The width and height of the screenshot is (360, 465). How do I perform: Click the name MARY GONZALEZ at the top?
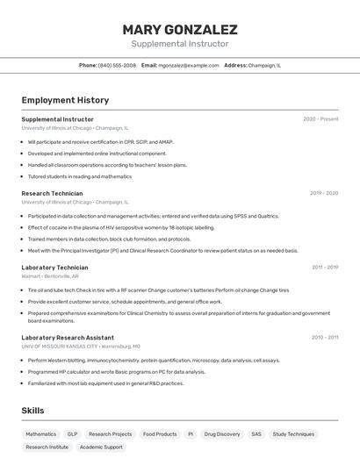(x=180, y=30)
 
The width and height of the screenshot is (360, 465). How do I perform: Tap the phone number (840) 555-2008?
(x=117, y=65)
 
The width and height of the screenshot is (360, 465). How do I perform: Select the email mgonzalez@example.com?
(x=189, y=65)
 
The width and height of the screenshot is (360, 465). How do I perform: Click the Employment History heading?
(x=65, y=100)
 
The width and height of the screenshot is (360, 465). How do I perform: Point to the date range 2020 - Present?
(x=320, y=119)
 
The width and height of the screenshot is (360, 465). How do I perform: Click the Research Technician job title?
(x=52, y=193)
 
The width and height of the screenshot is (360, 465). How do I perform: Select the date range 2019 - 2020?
(x=324, y=193)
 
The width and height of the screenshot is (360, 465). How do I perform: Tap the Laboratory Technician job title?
(x=54, y=268)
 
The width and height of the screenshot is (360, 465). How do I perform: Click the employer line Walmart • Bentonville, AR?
(x=50, y=276)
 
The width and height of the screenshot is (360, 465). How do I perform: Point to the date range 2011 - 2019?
(x=325, y=268)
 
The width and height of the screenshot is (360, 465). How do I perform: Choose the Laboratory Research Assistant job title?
(x=68, y=338)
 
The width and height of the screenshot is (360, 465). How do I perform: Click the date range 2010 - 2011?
(x=325, y=338)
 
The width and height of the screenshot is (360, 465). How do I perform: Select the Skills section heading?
(x=32, y=411)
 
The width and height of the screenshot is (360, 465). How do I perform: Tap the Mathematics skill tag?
(x=40, y=434)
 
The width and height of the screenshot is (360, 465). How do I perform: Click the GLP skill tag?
(x=72, y=434)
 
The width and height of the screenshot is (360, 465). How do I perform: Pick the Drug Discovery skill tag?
(x=221, y=434)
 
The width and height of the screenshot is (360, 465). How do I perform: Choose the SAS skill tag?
(x=256, y=434)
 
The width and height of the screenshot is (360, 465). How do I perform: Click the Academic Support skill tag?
(x=101, y=447)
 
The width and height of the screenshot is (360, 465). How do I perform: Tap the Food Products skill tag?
(x=160, y=434)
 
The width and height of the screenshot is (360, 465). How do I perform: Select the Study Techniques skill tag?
(x=293, y=434)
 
